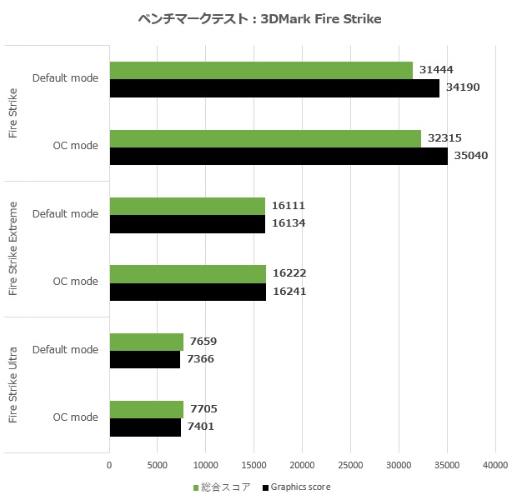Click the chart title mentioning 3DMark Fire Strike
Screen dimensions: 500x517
click(258, 19)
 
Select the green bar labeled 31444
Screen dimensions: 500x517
click(261, 70)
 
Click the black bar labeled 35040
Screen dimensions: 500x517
click(279, 156)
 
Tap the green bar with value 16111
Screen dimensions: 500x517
click(187, 206)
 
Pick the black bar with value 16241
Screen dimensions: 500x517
click(188, 292)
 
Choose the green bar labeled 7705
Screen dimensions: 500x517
click(146, 409)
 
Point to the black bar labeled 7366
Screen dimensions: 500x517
click(144, 359)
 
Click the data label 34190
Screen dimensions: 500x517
click(462, 88)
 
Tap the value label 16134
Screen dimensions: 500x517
click(289, 224)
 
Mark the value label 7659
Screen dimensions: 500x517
click(204, 342)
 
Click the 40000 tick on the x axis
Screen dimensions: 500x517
click(495, 465)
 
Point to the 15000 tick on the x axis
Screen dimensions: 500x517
click(254, 465)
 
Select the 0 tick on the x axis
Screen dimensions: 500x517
click(109, 465)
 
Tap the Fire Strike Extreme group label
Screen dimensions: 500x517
click(13, 248)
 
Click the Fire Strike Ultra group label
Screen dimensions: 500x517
click(13, 384)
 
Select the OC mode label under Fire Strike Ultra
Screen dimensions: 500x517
click(76, 417)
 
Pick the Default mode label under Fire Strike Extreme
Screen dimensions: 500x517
click(66, 213)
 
